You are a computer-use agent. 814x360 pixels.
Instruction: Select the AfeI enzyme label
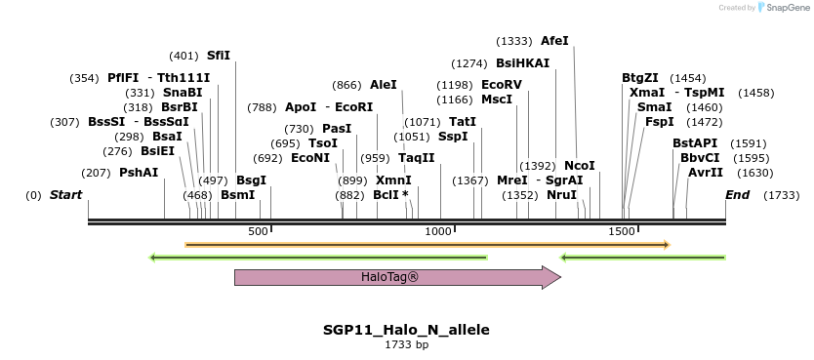coord(554,41)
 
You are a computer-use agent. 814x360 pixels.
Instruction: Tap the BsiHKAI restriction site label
coord(522,63)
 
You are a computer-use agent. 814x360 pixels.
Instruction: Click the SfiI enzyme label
coord(219,56)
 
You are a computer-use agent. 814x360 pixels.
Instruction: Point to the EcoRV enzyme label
coord(502,85)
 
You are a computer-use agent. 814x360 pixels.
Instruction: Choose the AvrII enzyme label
coord(706,172)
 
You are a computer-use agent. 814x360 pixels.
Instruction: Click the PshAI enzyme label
coord(139,172)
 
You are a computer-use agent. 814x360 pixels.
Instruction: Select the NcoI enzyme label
coord(579,166)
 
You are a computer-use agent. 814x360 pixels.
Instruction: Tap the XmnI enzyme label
coord(393,180)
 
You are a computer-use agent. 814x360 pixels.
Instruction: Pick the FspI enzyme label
coord(659,122)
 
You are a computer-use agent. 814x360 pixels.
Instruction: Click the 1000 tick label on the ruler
coord(438,231)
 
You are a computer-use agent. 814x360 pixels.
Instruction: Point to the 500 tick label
coord(258,231)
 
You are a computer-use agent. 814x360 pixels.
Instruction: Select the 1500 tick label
coord(622,231)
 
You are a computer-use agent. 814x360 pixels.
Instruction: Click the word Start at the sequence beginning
coord(65,195)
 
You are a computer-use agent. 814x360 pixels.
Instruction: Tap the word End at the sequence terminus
coord(737,195)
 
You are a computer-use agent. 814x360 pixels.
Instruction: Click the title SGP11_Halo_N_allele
coord(406,330)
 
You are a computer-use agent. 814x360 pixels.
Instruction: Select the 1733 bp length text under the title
coord(406,344)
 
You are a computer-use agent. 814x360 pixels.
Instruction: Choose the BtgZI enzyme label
coord(640,78)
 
